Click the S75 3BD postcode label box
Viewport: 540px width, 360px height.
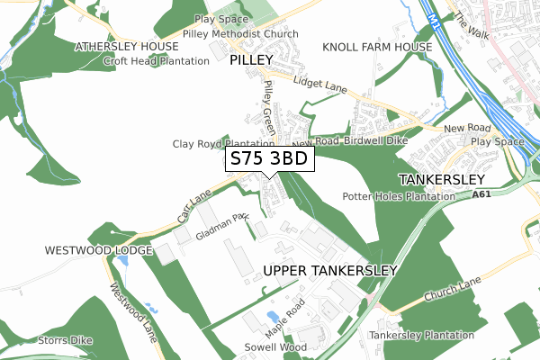tap(269, 159)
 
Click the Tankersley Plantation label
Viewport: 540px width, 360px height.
tap(421, 336)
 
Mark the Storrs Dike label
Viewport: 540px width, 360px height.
tap(40, 340)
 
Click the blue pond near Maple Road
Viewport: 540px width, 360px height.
tap(272, 316)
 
